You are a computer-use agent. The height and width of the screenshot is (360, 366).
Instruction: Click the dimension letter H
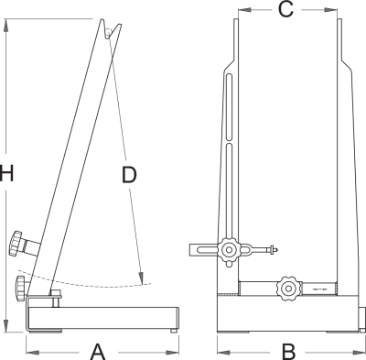[x=6, y=173]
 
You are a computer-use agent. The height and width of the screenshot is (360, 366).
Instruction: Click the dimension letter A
[x=98, y=352]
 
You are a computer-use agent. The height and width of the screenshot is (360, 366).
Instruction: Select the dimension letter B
[x=288, y=352]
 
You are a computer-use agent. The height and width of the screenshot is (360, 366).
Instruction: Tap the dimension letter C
[x=285, y=10]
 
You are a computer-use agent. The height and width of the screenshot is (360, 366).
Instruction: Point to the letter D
[x=129, y=175]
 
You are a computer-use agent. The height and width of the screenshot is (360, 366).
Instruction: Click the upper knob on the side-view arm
[x=16, y=243]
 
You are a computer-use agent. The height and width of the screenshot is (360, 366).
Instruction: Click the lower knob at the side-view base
[x=20, y=289]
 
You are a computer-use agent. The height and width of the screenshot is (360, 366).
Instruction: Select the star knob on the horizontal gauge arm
[x=229, y=251]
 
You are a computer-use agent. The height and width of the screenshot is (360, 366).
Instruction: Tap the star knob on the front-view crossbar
[x=287, y=289]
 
